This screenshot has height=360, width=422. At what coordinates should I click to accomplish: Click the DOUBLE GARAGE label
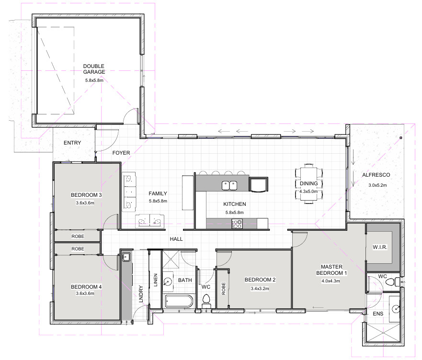click(x=94, y=69)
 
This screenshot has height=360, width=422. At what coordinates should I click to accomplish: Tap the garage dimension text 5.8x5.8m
click(x=94, y=80)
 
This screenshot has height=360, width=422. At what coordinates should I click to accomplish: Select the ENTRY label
click(x=72, y=143)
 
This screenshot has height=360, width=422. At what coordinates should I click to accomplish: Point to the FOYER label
click(x=121, y=153)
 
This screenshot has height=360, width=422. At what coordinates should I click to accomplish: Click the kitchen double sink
click(x=229, y=185)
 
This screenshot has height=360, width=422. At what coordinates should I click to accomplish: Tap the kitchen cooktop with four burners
click(x=237, y=224)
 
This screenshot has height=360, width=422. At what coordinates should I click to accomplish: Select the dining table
click(x=308, y=184)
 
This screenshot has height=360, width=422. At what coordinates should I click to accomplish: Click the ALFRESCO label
click(x=376, y=175)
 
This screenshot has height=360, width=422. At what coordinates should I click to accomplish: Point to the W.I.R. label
click(x=380, y=247)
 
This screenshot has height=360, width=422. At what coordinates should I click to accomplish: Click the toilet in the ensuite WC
click(x=392, y=282)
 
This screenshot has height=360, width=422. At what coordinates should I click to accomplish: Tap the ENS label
click(x=378, y=314)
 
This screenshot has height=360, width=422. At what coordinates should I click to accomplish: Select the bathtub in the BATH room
click(x=179, y=301)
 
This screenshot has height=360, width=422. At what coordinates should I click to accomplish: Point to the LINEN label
click(x=155, y=280)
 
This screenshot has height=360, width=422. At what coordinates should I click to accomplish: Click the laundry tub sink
click(x=126, y=257)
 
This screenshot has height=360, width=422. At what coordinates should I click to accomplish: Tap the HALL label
click(x=176, y=239)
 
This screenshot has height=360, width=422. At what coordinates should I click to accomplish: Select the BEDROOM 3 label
click(x=86, y=195)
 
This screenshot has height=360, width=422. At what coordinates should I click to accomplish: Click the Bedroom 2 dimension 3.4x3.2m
click(x=260, y=289)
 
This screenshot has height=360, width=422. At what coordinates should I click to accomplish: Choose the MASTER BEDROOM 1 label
click(x=331, y=270)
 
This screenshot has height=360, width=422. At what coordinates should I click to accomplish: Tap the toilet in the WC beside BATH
click(x=206, y=300)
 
